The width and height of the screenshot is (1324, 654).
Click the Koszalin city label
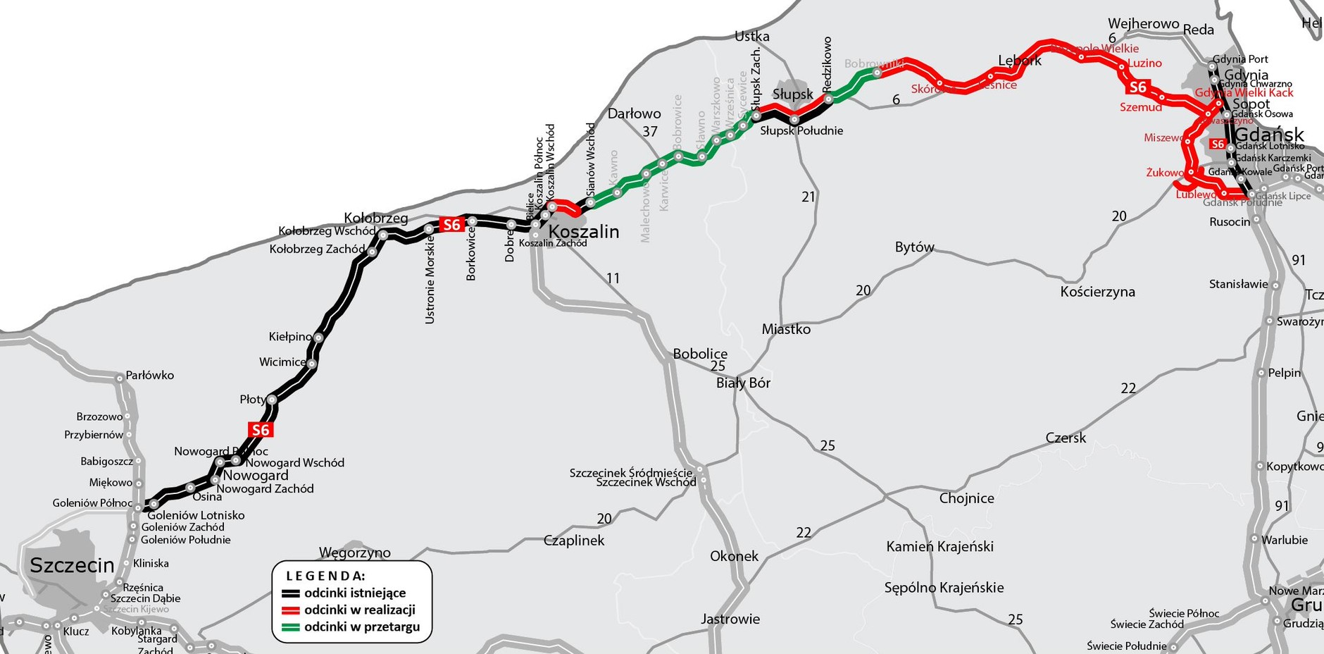(x=583, y=232)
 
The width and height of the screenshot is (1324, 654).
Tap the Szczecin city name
(x=72, y=565)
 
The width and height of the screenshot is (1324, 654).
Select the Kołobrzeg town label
(x=375, y=218)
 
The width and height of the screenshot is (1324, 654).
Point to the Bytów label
(x=914, y=247)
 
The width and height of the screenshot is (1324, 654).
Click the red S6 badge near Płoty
(x=261, y=430)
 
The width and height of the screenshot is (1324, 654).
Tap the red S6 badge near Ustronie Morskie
(x=451, y=225)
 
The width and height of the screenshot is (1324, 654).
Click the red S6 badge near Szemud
(x=1137, y=87)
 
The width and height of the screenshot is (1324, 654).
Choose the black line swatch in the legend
(x=291, y=593)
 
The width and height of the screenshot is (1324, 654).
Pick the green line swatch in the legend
(x=291, y=627)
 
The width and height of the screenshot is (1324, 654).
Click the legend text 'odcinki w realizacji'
(x=359, y=610)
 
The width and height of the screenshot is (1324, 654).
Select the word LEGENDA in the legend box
(x=325, y=576)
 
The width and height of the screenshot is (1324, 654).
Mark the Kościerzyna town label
(x=1097, y=292)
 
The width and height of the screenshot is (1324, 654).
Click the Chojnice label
(x=966, y=498)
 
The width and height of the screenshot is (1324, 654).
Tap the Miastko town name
(x=786, y=329)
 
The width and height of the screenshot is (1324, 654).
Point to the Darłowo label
(x=634, y=113)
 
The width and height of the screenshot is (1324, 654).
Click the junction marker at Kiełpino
(x=318, y=338)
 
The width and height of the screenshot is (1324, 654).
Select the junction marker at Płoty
(x=272, y=400)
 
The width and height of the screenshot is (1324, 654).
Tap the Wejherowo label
(x=1143, y=24)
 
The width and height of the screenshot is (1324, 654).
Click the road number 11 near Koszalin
(x=613, y=278)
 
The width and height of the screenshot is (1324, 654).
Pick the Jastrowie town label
(x=730, y=619)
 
